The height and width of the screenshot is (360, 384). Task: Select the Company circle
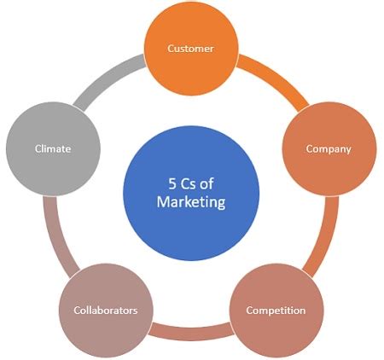point(329,149)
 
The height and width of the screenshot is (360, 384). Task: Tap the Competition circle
point(275,310)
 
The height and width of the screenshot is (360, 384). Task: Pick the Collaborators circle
point(105,310)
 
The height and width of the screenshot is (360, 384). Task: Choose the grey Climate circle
point(52,149)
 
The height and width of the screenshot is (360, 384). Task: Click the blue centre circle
point(191,191)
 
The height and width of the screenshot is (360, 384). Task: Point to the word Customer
point(201,49)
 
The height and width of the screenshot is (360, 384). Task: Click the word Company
point(329,149)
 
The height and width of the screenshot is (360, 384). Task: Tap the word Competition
point(275,311)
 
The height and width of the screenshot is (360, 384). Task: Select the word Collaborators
point(105,311)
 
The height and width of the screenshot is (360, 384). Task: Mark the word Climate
point(52,149)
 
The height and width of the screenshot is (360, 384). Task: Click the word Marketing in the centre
point(191,202)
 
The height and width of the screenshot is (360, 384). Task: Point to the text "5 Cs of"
point(191,183)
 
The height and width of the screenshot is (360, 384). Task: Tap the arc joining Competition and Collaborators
point(190,328)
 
